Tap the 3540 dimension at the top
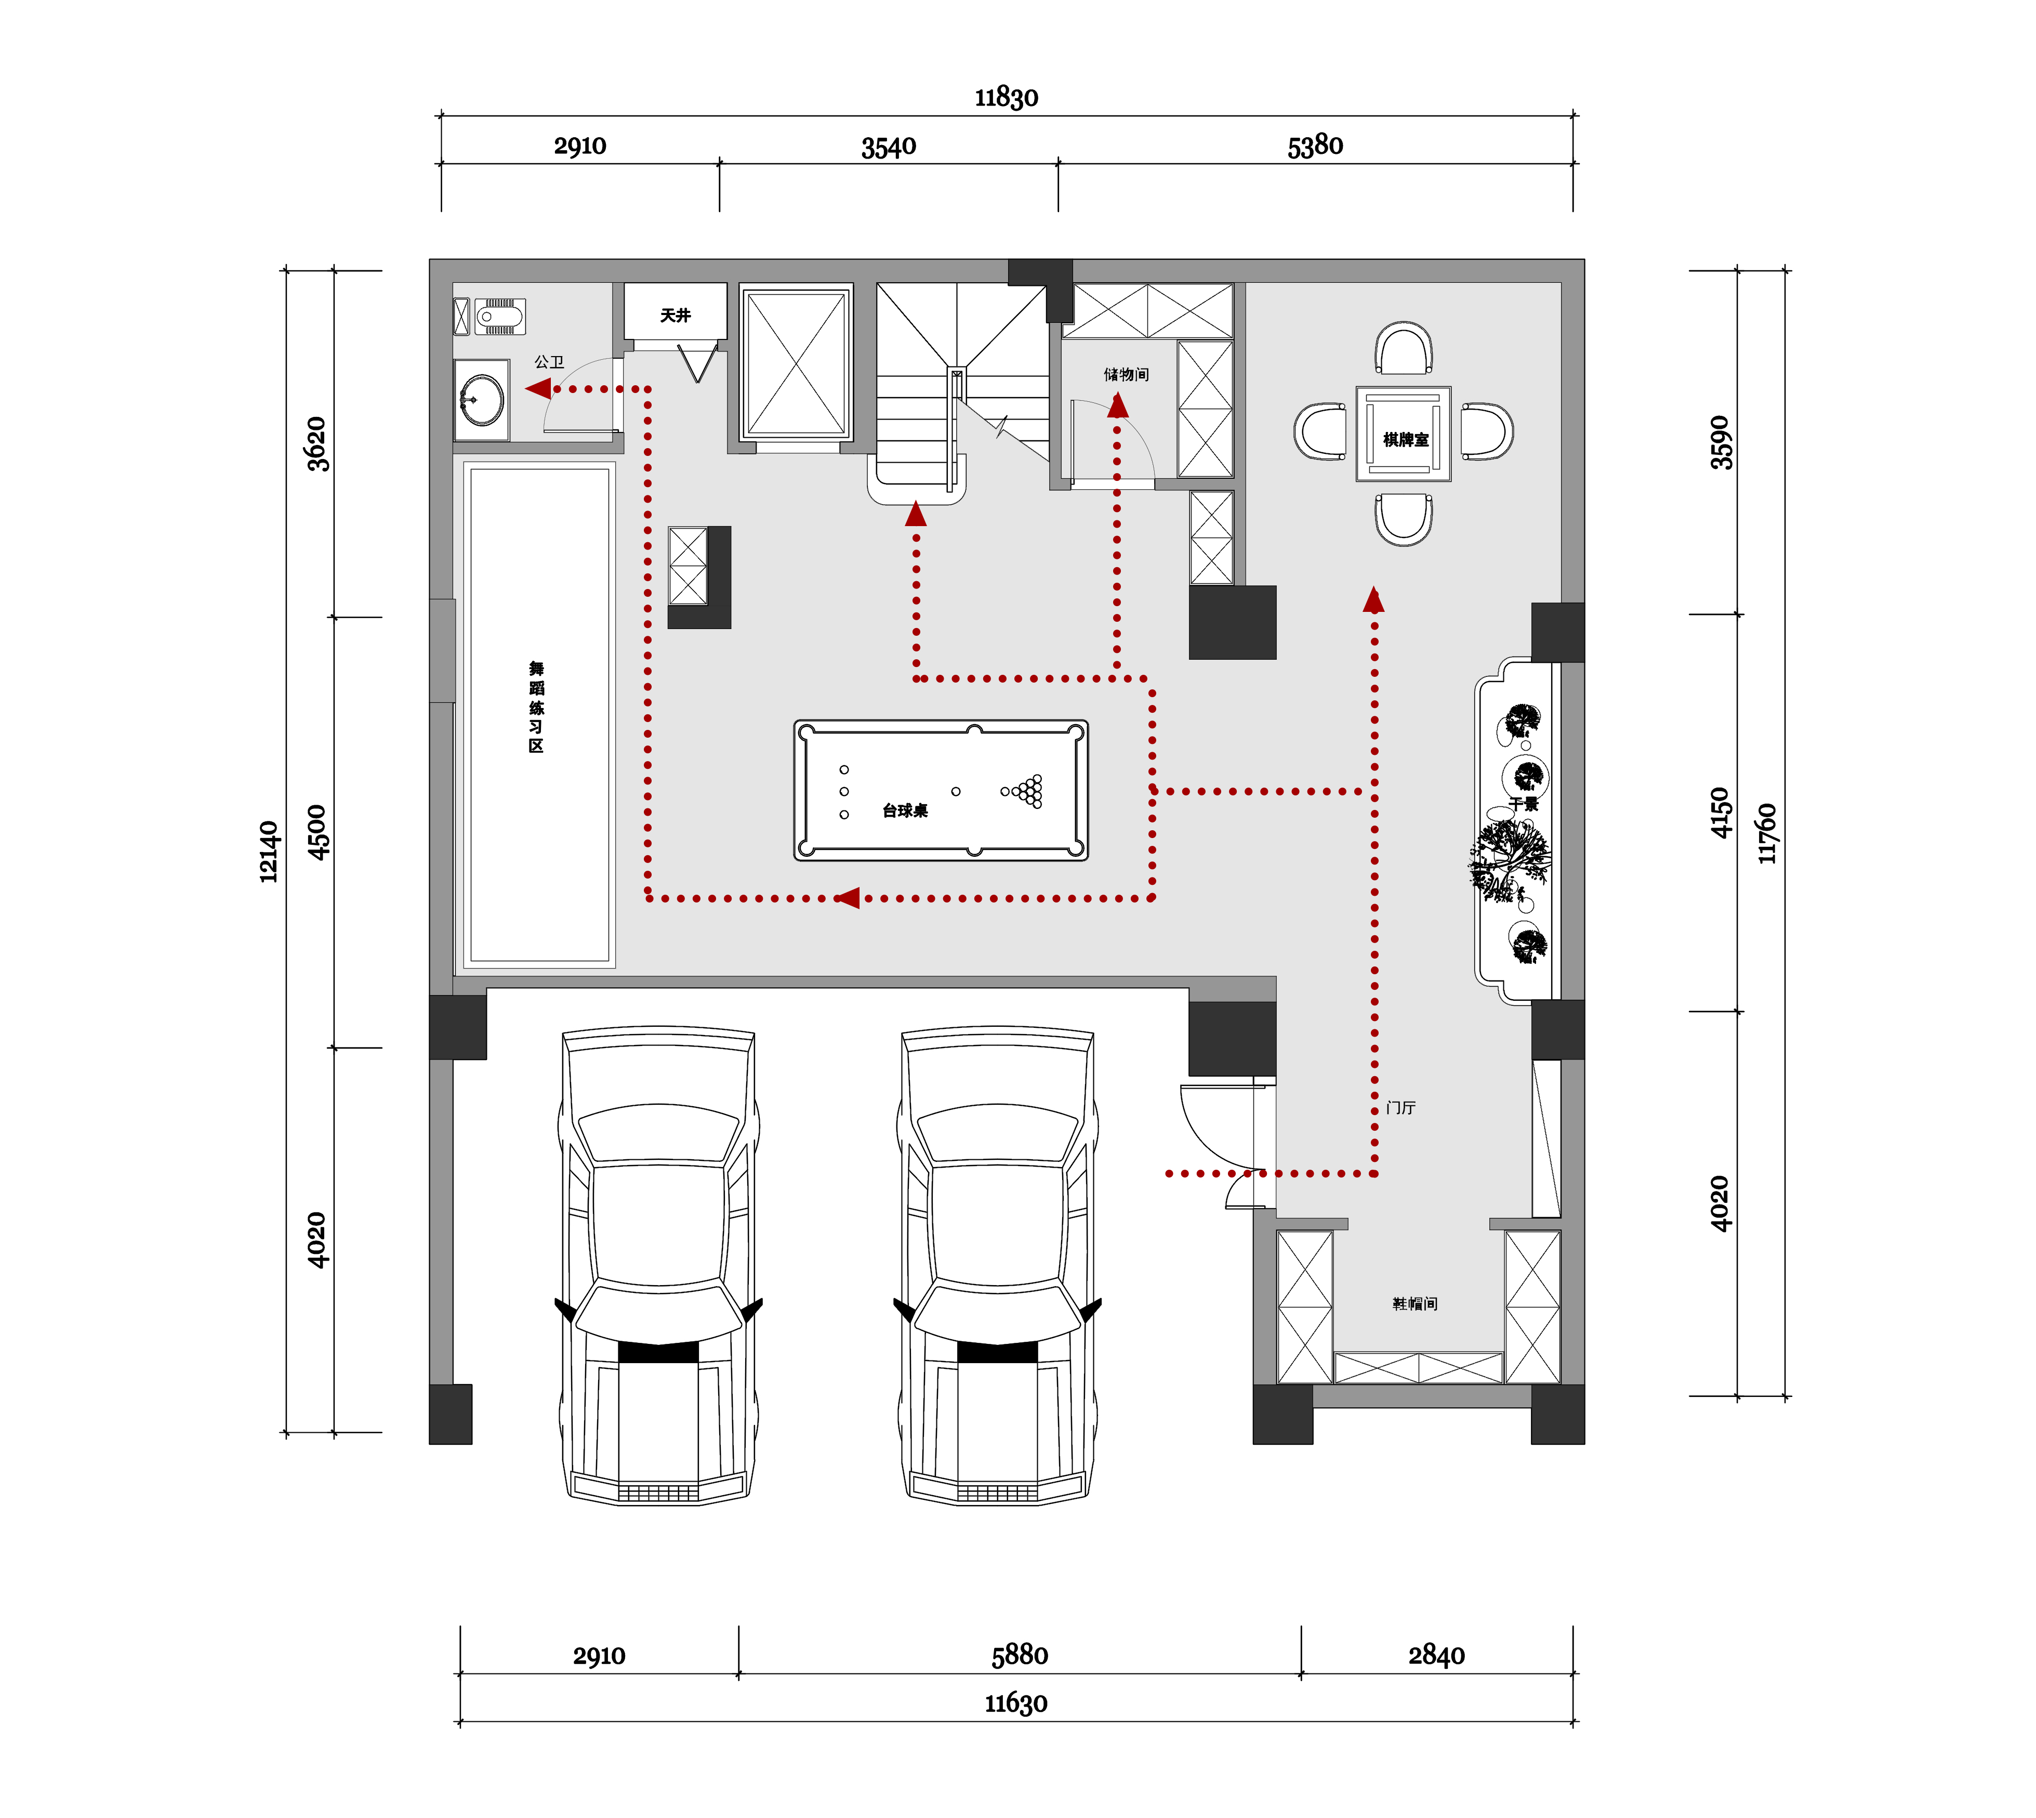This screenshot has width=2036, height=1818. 889,147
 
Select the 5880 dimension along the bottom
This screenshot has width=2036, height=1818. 1020,1655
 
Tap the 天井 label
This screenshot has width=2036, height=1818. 675,315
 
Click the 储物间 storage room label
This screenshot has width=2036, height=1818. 1126,375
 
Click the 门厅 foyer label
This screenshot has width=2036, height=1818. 1401,1108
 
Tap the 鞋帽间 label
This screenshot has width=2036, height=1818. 1415,1303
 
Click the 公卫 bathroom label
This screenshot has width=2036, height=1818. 549,362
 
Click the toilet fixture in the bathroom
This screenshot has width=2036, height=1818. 499,317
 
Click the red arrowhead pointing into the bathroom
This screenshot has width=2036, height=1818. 538,388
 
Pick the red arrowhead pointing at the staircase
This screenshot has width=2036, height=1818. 916,514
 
